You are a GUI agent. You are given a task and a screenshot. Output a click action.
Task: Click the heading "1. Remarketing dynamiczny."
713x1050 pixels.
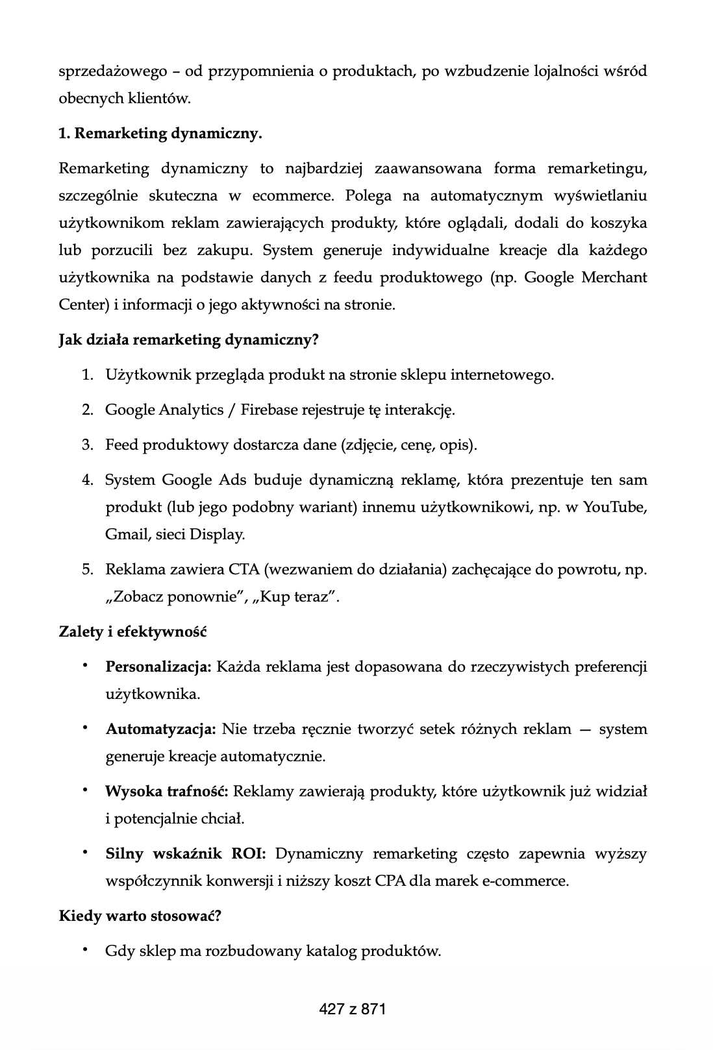[160, 134]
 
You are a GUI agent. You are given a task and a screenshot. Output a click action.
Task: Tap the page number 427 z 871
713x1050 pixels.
[353, 1009]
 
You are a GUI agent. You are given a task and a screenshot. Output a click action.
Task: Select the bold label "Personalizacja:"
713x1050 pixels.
[158, 667]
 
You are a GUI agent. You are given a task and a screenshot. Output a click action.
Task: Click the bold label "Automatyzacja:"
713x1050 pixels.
[160, 729]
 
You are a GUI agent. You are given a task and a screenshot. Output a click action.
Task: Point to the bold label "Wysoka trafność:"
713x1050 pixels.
[166, 792]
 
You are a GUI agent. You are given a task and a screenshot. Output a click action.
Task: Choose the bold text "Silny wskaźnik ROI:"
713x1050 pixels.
[186, 854]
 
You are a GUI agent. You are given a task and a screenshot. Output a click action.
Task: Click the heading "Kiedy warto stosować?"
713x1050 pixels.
[140, 916]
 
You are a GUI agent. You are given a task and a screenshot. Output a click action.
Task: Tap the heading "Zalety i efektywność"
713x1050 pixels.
[132, 632]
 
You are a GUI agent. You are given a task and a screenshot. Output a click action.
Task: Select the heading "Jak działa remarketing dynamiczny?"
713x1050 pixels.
[188, 340]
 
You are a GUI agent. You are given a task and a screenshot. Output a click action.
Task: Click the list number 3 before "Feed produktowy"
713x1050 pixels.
[87, 445]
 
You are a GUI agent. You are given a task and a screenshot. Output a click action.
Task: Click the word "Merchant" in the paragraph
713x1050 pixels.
[614, 278]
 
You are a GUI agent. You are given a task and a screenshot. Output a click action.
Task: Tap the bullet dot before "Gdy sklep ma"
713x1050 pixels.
[84, 951]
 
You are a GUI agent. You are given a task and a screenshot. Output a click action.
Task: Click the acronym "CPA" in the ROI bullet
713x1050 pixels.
[389, 881]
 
